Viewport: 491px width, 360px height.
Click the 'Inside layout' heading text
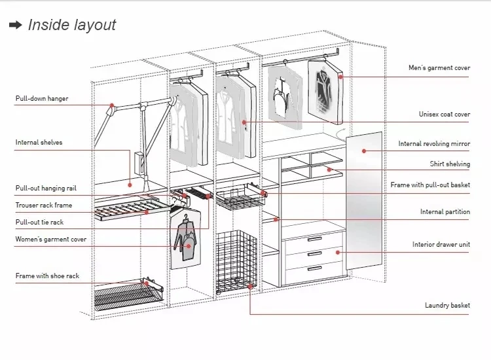coord(71,25)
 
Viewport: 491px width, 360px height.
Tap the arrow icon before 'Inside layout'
coord(15,25)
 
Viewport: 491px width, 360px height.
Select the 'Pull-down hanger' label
coord(42,99)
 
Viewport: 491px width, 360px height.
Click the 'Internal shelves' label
coord(39,142)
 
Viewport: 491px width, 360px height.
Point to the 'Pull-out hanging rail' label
coord(46,189)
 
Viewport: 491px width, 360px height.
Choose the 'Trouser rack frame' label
coord(44,206)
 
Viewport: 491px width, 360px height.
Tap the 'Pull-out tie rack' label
coord(40,223)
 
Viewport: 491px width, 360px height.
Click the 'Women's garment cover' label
coord(51,240)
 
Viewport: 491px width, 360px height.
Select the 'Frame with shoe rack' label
coord(47,276)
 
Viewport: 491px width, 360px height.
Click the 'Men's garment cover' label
coord(439,68)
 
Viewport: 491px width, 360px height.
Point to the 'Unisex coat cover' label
coord(445,115)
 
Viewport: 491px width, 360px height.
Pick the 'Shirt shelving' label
coord(450,164)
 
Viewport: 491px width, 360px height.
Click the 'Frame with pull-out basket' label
coord(430,185)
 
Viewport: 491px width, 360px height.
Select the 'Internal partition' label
coord(445,212)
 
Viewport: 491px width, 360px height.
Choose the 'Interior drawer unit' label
coord(441,245)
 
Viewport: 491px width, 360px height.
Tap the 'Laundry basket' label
coord(447,306)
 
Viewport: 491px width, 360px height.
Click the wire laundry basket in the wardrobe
coord(234,262)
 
